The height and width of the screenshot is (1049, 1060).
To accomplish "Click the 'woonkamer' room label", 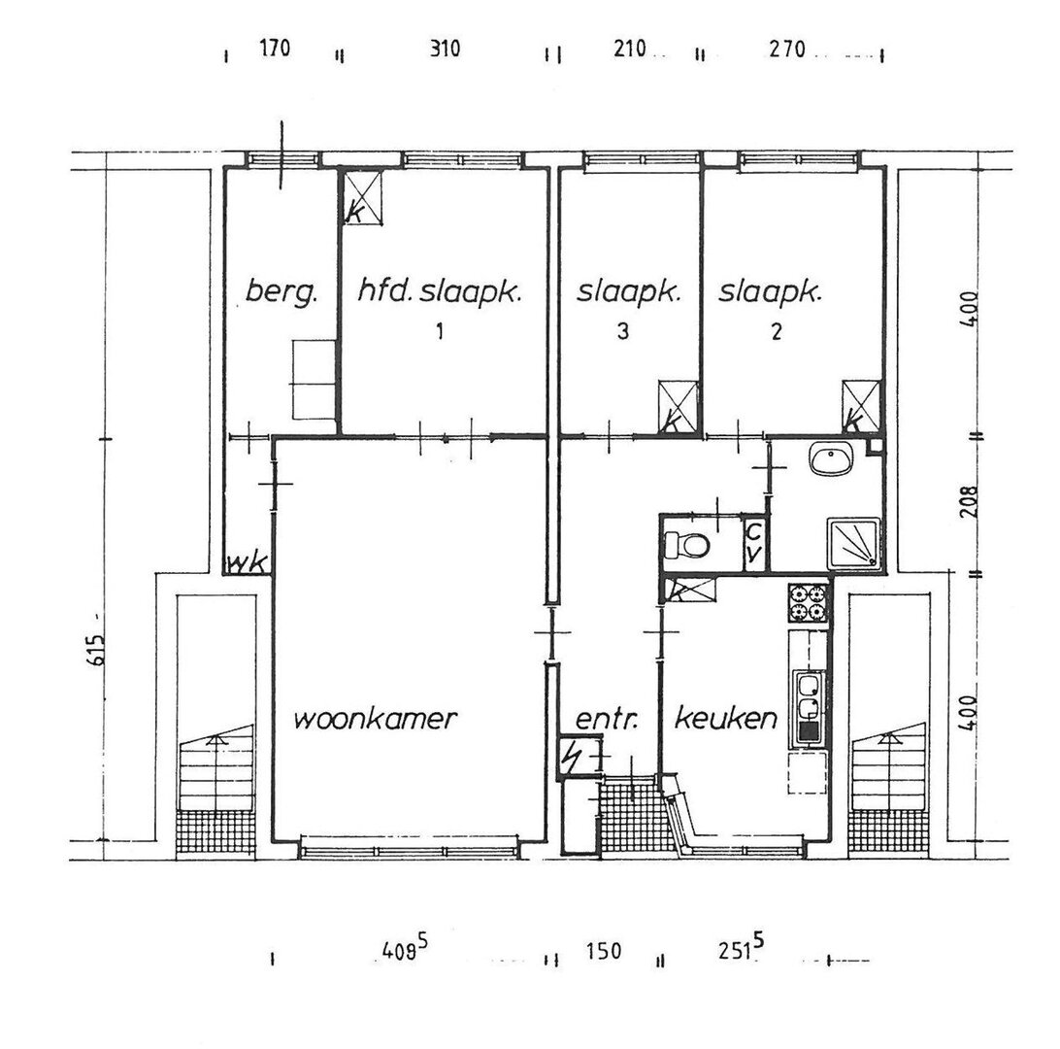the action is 376,718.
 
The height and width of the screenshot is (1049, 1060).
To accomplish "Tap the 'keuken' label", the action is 726,718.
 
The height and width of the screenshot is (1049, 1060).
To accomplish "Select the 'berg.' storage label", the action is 282,293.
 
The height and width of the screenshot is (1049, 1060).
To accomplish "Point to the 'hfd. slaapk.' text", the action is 440,293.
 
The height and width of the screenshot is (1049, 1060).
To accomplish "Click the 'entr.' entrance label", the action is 607,719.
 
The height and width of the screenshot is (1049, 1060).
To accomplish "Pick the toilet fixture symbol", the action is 685,544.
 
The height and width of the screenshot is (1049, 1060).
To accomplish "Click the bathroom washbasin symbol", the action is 831,460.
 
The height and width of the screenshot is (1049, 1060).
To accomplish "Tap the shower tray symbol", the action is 854,543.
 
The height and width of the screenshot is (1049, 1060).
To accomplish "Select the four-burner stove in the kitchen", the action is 809,602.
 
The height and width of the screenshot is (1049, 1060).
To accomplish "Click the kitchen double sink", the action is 808,707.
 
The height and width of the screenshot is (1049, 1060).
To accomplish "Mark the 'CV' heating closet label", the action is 754,542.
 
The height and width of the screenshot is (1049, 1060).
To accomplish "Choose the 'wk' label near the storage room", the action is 248,563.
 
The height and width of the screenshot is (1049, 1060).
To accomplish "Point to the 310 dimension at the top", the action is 445,49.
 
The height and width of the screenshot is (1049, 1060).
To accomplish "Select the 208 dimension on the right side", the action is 969,501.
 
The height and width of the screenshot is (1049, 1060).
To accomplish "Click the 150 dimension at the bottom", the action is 604,950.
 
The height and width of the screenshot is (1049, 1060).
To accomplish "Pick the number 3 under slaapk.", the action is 623,331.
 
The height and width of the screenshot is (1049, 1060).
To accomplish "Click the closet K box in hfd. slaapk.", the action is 363,197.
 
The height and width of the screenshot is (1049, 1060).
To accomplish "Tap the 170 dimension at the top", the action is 275,48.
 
